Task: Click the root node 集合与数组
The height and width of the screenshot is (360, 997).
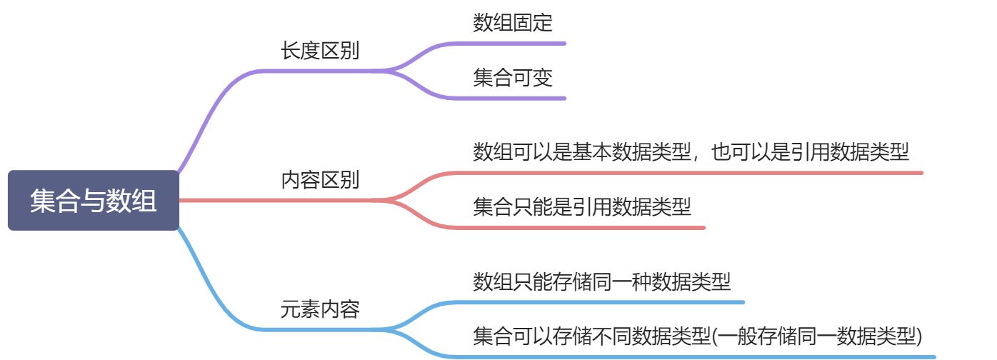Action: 94,201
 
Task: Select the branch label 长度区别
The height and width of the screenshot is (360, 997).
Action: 320,51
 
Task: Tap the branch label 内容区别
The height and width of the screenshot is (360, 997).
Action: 320,180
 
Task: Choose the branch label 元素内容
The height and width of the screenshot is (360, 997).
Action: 320,309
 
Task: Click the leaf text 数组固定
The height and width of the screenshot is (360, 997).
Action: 513,23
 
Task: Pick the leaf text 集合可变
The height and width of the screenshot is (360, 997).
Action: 513,77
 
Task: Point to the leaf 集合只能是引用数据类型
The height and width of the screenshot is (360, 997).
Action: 582,207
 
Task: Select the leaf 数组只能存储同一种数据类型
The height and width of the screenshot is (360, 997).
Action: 602,281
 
